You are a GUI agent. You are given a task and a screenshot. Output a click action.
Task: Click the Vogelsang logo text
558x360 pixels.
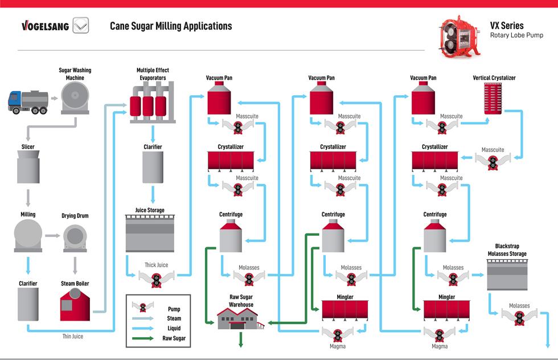coord(45,26)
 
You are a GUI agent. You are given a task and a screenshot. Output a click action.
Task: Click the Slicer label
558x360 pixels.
coord(28,147)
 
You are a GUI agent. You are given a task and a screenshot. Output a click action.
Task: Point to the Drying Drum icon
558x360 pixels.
coord(75,238)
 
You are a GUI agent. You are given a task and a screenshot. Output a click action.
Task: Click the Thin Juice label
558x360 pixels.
coord(73,337)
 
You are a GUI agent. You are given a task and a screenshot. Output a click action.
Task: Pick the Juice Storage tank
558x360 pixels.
coord(150,233)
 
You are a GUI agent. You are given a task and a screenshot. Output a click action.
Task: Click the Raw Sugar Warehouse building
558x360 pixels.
coord(241,318)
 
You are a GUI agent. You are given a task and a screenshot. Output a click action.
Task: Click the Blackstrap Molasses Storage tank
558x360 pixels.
coord(507,275)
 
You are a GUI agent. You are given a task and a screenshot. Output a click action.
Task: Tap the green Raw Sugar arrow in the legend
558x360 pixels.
coord(143,338)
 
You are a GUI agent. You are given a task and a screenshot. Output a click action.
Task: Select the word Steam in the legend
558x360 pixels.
coord(174,318)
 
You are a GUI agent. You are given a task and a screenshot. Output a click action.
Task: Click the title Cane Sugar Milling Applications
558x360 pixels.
coord(171,26)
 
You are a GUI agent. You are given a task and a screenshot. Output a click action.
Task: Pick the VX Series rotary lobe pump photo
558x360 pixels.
coord(459,36)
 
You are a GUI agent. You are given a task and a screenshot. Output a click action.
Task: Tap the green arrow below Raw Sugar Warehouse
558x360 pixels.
coord(241,339)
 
